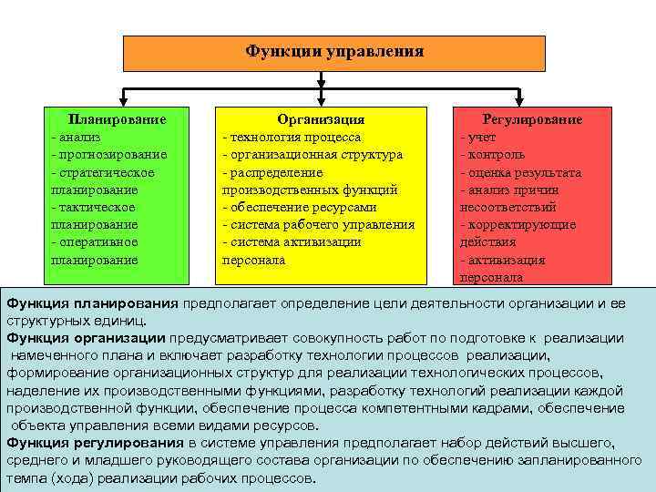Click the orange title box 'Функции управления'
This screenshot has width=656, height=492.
(x=334, y=53)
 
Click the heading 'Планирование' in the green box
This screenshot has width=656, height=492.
(x=118, y=119)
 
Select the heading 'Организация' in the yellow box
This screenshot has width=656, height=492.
(x=321, y=119)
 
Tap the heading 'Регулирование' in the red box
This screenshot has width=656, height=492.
(x=532, y=119)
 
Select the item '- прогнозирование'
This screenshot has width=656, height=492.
(x=108, y=154)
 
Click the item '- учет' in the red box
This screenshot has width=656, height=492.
(x=479, y=137)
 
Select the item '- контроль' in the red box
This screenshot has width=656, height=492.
(x=491, y=154)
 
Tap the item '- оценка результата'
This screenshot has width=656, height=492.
(x=520, y=172)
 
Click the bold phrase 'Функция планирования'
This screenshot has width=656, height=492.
(x=92, y=303)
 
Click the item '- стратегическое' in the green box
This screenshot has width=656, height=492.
(x=103, y=172)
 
